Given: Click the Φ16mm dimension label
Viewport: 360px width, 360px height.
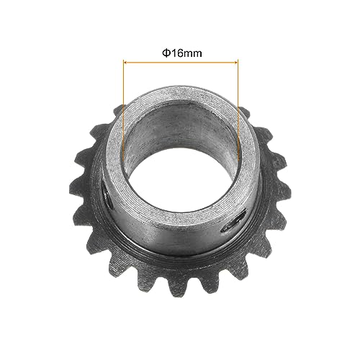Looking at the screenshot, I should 180,53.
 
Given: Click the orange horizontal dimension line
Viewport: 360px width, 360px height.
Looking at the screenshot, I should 180,63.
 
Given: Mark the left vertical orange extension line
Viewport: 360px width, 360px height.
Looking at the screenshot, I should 123,108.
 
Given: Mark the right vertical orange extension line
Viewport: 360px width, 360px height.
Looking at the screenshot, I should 238,108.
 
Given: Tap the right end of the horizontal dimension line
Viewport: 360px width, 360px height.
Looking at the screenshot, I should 237,63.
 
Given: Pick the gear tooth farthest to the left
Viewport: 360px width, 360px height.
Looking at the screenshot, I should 78,189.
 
